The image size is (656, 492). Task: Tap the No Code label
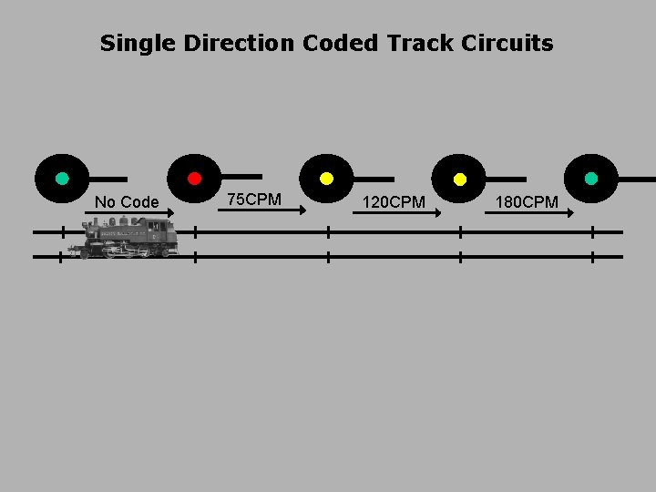click(x=127, y=201)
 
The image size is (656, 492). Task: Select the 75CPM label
click(x=254, y=199)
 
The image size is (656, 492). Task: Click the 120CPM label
click(x=394, y=201)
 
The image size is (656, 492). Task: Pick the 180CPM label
click(x=527, y=201)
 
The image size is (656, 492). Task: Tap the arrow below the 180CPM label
click(x=529, y=213)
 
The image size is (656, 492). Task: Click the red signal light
click(x=194, y=179)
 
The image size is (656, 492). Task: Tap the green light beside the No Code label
click(x=62, y=179)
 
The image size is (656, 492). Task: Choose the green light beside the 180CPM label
click(x=591, y=179)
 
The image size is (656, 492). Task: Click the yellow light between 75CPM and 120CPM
click(x=327, y=179)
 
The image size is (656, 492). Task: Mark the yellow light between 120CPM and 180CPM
click(x=460, y=179)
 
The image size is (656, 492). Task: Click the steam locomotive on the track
click(x=128, y=239)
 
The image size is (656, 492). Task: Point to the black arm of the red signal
click(x=241, y=177)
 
